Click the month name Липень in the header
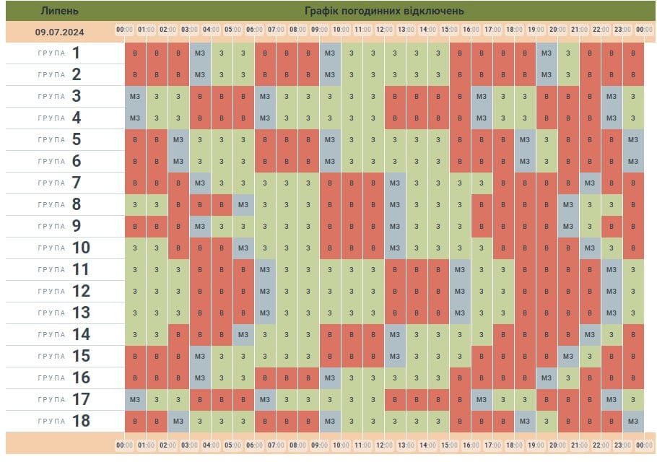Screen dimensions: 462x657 coord(61,11)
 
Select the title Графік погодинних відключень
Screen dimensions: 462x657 coord(384,11)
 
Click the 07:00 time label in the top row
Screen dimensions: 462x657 coord(276,30)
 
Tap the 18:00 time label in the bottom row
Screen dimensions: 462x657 coord(514,445)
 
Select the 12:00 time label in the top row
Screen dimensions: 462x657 coord(384,30)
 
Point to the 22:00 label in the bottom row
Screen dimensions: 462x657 coord(601,445)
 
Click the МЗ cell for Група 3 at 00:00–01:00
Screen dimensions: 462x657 coord(135,97)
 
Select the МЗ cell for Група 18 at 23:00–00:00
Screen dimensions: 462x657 coord(633,422)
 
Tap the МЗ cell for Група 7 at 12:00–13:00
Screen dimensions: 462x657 coord(395,183)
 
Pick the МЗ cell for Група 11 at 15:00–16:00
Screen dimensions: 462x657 coord(460,270)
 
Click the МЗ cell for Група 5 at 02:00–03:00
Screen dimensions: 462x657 coord(178,140)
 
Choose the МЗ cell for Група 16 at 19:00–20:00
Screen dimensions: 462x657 coord(547,378)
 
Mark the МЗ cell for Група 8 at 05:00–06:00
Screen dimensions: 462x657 coord(243,205)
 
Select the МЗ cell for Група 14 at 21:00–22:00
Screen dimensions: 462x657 coord(590,335)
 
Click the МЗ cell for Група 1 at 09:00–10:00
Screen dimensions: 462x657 coord(330,53)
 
